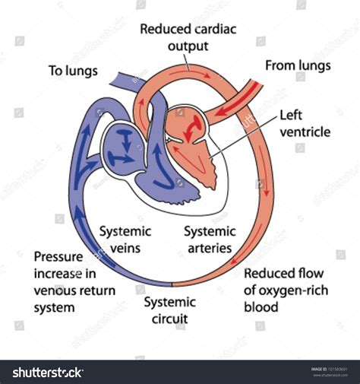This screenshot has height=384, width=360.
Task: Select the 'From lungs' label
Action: click(x=298, y=65)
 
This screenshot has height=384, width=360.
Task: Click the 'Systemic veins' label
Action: click(x=125, y=240)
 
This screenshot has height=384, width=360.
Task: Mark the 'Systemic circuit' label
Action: click(x=171, y=309)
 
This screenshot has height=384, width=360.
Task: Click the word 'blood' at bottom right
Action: click(x=262, y=307)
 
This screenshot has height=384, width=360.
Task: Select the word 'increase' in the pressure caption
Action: click(x=56, y=274)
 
